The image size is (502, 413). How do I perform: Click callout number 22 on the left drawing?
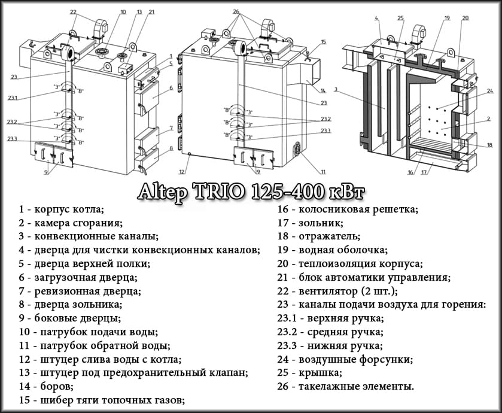pos(73,11)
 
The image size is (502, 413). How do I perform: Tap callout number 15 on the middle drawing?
pos(323,42)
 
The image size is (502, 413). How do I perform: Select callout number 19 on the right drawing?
pos(446,18)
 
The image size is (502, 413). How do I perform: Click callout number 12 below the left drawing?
pos(181,172)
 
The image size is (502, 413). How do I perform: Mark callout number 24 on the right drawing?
pos(489,91)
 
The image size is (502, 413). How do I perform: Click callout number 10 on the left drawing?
pos(123,11)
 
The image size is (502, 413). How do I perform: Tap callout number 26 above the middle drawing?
pos(236,11)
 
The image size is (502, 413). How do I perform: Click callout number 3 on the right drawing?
pos(336,89)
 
